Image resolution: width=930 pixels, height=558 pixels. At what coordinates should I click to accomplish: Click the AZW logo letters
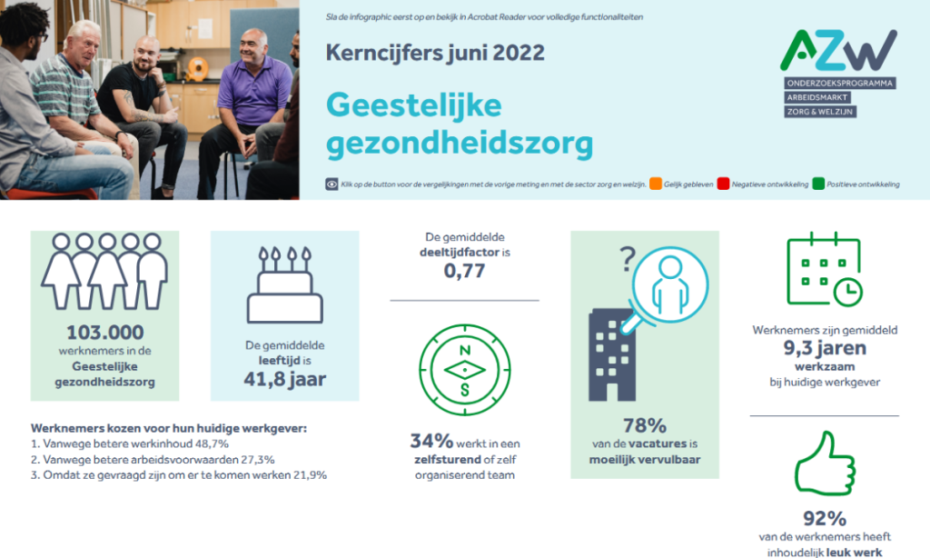click(839, 51)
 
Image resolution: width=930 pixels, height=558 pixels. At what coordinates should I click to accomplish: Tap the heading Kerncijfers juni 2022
click(435, 54)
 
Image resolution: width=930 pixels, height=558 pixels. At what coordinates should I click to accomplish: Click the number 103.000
click(104, 332)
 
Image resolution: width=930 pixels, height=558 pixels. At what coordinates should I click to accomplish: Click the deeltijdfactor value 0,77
click(464, 271)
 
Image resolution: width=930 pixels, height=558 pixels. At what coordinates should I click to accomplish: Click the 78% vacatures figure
click(645, 425)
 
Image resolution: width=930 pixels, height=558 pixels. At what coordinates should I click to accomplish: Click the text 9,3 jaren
click(825, 347)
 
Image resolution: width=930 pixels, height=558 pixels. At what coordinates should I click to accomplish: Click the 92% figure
click(825, 519)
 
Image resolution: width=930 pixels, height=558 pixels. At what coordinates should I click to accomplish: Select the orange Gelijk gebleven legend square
click(656, 184)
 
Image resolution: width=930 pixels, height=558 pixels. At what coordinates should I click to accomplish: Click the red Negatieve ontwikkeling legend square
click(724, 184)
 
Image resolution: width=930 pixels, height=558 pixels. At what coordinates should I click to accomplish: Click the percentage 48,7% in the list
click(211, 443)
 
